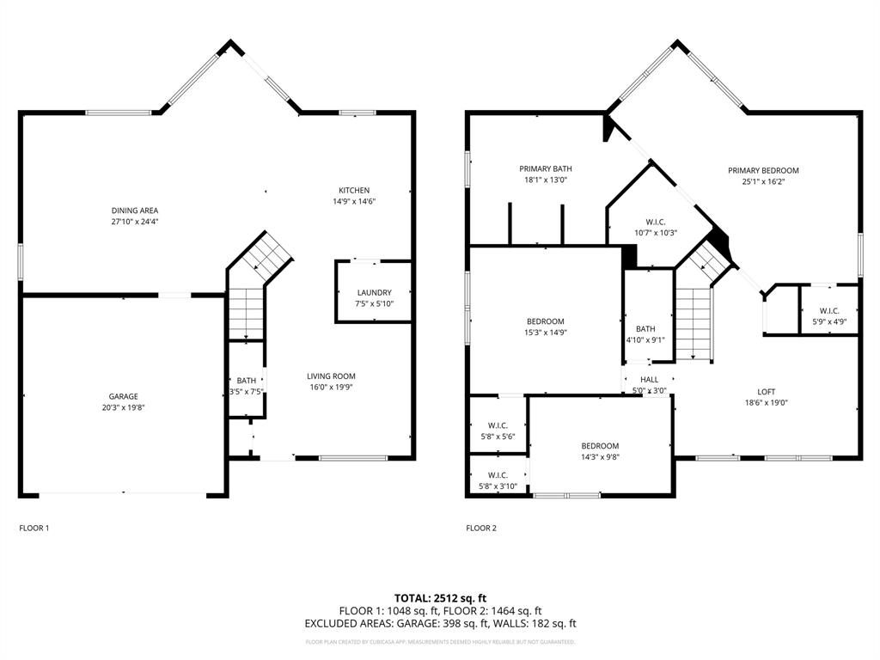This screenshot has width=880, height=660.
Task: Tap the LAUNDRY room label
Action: tap(374, 292)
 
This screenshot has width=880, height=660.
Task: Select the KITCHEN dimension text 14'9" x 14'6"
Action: tap(354, 201)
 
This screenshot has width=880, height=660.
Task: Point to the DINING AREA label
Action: tap(135, 211)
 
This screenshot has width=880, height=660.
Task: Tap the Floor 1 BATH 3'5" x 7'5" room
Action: tap(246, 386)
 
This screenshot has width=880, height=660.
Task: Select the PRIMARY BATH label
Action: tap(545, 168)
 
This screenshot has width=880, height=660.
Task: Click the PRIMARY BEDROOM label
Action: tap(763, 170)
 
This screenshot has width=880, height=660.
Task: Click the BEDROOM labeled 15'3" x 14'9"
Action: tap(545, 321)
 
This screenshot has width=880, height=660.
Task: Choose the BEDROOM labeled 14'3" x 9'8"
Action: tap(599, 446)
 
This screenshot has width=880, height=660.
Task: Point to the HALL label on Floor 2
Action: tap(649, 379)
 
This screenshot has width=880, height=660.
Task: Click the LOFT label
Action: tap(766, 391)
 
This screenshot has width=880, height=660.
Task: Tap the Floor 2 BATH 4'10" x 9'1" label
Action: tap(645, 328)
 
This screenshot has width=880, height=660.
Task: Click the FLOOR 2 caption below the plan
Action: tap(481, 528)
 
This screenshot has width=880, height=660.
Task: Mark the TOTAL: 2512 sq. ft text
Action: tap(440, 597)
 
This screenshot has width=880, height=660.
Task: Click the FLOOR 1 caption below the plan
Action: tap(34, 528)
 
